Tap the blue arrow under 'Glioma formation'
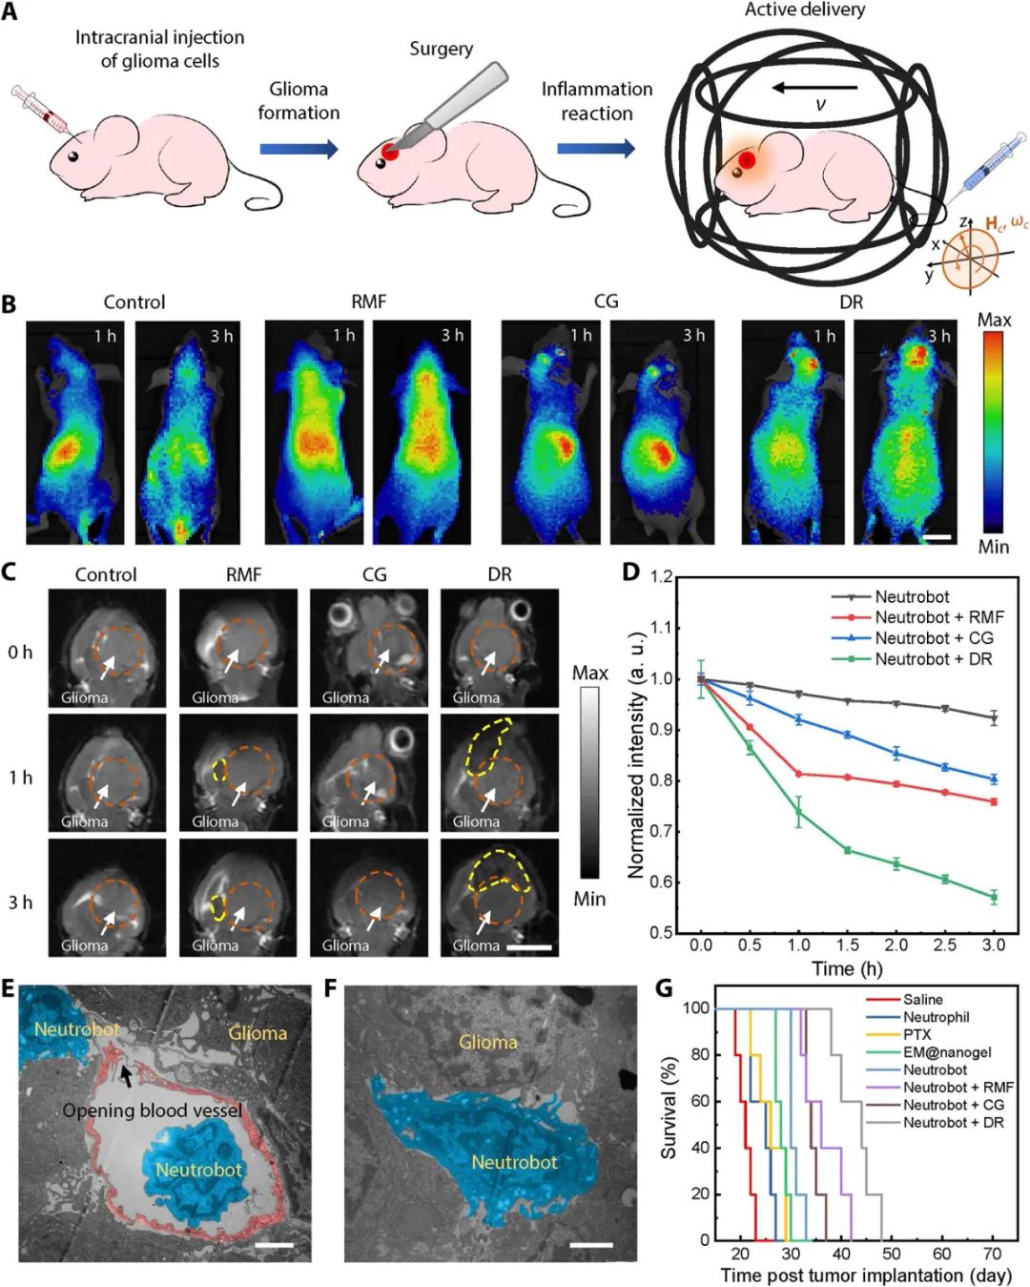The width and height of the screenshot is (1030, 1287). (299, 149)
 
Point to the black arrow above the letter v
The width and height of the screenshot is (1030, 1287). (814, 88)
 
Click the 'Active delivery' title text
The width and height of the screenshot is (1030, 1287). (805, 10)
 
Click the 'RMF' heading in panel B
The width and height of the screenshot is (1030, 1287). (368, 301)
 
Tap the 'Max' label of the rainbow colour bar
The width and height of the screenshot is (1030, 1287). (994, 320)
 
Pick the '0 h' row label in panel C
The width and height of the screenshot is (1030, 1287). (20, 653)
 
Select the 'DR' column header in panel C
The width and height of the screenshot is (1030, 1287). (499, 574)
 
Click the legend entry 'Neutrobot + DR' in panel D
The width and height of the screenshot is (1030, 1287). (934, 659)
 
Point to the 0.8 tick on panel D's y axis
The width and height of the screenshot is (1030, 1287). (661, 780)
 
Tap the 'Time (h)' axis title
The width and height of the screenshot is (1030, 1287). (847, 969)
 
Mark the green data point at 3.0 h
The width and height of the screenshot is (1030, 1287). (994, 897)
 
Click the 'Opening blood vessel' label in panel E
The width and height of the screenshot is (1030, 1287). (153, 1111)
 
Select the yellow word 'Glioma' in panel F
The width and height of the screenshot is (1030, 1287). (488, 1042)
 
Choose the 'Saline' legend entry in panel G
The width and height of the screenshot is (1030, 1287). (922, 1000)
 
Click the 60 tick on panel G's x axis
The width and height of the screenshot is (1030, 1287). (942, 1254)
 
